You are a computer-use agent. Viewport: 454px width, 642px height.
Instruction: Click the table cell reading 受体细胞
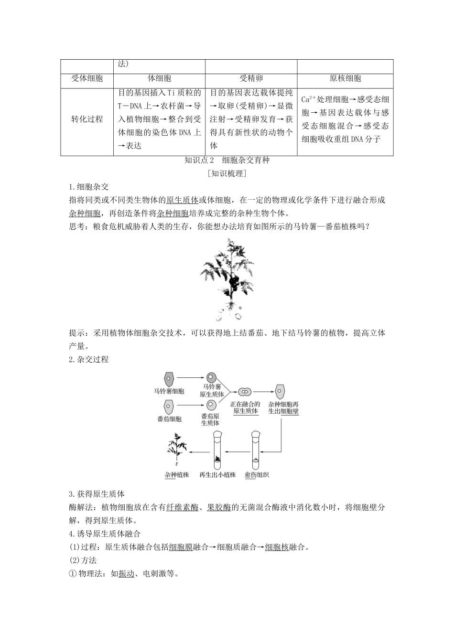pos(87,79)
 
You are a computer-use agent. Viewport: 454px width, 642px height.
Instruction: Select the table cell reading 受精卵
pos(251,79)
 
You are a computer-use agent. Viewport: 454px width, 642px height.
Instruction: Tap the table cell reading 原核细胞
pos(345,79)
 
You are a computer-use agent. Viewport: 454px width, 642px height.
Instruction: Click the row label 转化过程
pos(87,119)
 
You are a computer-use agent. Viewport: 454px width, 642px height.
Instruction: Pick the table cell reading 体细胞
pos(159,79)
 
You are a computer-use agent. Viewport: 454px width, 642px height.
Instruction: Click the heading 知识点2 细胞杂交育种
pos(227,160)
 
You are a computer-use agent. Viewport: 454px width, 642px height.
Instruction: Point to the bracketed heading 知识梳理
pos(227,173)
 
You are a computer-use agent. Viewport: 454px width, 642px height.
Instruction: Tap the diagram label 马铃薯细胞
pos(169,391)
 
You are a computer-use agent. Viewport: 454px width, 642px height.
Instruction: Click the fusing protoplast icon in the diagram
pos(245,392)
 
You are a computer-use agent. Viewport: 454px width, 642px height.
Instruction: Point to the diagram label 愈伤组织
pos(257,475)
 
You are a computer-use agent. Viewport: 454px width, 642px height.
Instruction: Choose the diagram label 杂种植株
pos(177,475)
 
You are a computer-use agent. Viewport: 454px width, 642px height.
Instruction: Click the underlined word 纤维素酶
pos(182,507)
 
